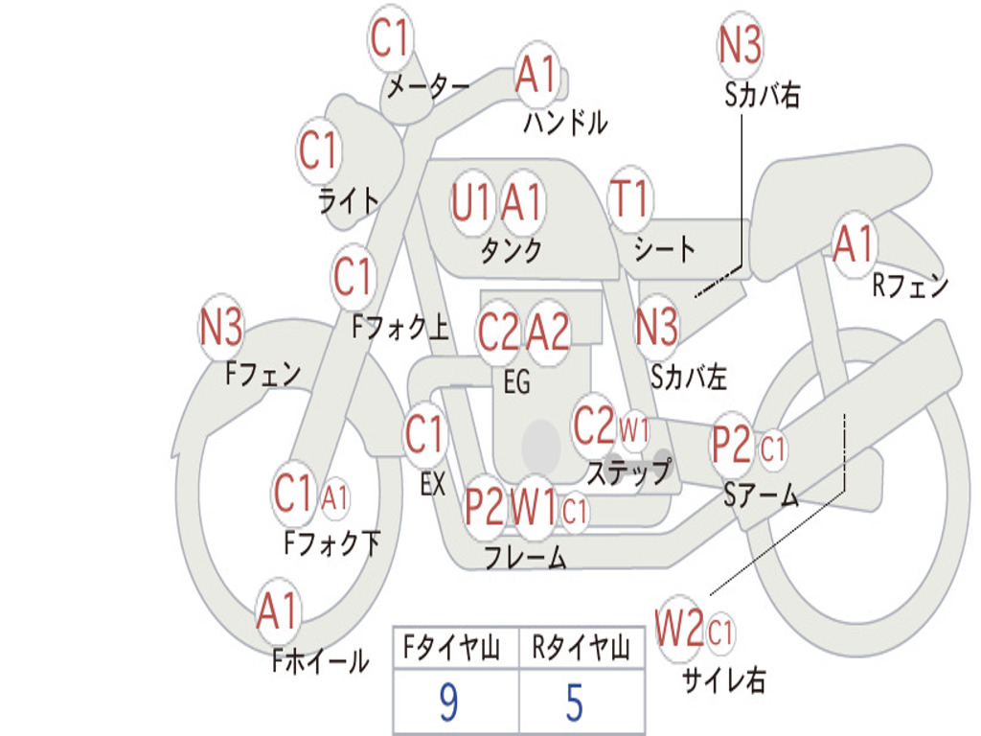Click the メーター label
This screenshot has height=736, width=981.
428,86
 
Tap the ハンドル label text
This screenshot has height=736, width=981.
565,122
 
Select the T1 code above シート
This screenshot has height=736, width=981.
630,198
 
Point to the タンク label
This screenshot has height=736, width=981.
512,250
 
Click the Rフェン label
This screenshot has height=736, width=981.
910,286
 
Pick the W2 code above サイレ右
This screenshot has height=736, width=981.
679,628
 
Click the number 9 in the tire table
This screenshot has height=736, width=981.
448,702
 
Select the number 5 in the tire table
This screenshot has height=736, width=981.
575,702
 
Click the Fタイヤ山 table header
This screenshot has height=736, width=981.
452,648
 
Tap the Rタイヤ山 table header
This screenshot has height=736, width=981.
581,648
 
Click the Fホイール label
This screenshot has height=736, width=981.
320,661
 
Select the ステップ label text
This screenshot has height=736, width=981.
628,471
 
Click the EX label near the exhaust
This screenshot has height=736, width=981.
433,484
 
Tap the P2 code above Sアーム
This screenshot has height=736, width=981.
731,445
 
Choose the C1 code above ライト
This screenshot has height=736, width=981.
318,150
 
